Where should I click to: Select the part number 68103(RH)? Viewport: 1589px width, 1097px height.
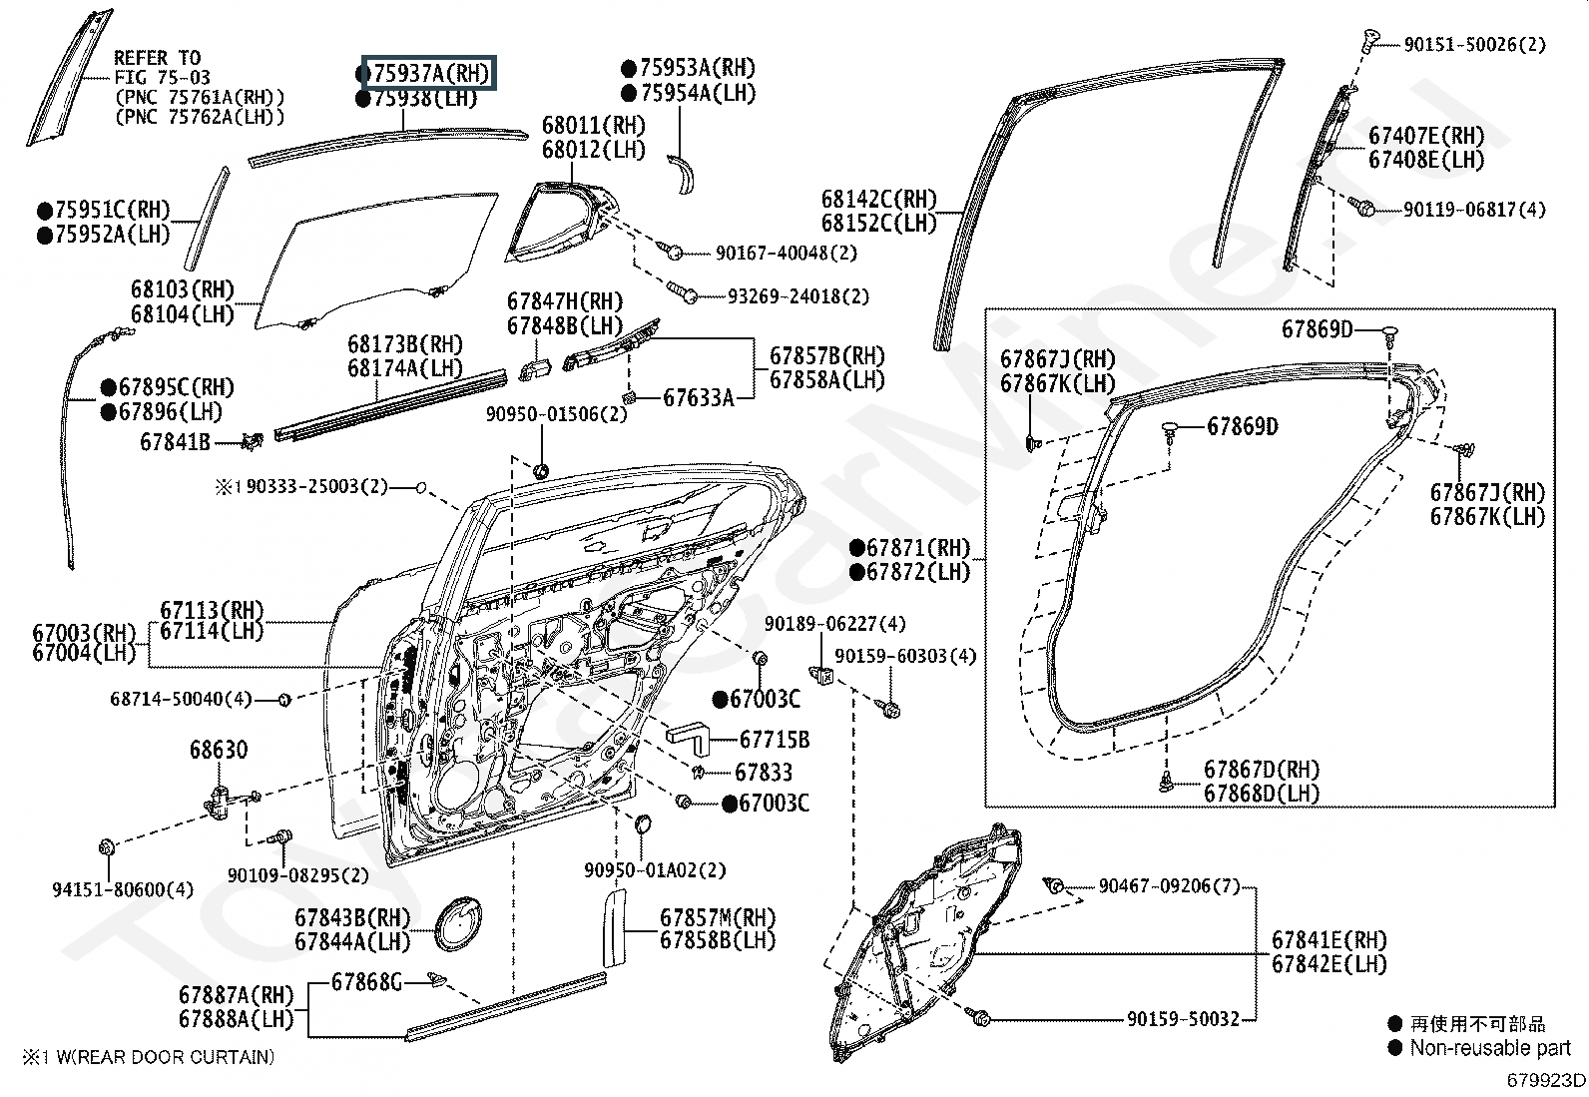click(x=182, y=290)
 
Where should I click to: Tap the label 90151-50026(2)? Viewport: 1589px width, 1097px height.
click(x=1474, y=44)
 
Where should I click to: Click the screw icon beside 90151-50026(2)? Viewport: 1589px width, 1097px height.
click(x=1368, y=41)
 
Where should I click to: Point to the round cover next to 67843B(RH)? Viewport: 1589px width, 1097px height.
click(x=460, y=924)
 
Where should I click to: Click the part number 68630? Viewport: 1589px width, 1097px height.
click(x=219, y=750)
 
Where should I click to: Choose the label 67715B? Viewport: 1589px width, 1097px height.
click(x=774, y=740)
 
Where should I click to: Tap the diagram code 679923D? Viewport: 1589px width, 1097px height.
click(x=1546, y=1079)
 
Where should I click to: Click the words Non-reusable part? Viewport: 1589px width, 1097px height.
click(x=1490, y=1048)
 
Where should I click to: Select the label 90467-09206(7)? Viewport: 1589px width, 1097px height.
click(x=1169, y=886)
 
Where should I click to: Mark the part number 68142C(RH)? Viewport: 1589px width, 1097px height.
click(x=879, y=200)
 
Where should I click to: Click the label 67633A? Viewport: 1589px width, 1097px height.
click(x=699, y=398)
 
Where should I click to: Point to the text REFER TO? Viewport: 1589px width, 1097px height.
click(x=157, y=58)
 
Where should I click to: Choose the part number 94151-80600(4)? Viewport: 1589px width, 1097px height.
click(x=123, y=889)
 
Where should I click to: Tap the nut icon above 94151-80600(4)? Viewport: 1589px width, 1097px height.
click(x=106, y=848)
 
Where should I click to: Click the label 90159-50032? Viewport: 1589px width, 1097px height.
click(x=1183, y=1019)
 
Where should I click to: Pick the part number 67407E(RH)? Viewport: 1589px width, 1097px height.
click(x=1426, y=136)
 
